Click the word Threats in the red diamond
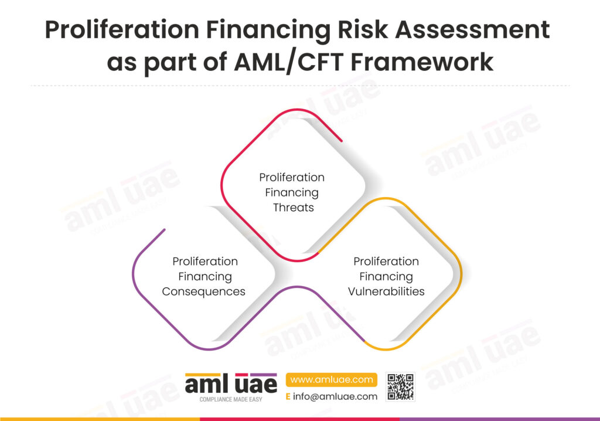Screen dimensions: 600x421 [x=294, y=207]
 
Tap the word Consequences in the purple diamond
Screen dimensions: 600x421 [x=203, y=291]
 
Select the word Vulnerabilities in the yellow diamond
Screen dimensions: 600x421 [x=386, y=291]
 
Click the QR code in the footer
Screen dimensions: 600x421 [x=401, y=387]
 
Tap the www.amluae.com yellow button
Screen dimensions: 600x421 [x=332, y=379]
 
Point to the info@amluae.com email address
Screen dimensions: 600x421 [x=335, y=396]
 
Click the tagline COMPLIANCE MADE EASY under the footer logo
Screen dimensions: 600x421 [x=231, y=399]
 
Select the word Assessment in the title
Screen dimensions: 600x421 [x=473, y=29]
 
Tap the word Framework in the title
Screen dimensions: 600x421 [x=422, y=62]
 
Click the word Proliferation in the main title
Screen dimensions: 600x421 [x=122, y=29]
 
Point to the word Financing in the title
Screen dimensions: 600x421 [x=268, y=30]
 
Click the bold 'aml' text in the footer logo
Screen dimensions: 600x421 [x=207, y=384]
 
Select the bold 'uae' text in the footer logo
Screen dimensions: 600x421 [x=256, y=384]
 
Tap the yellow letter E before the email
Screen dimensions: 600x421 [x=288, y=396]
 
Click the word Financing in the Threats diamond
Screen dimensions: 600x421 [x=292, y=193]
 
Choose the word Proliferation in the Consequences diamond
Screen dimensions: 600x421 [x=205, y=262]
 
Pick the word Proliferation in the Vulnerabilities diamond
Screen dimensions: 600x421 [x=386, y=262]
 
